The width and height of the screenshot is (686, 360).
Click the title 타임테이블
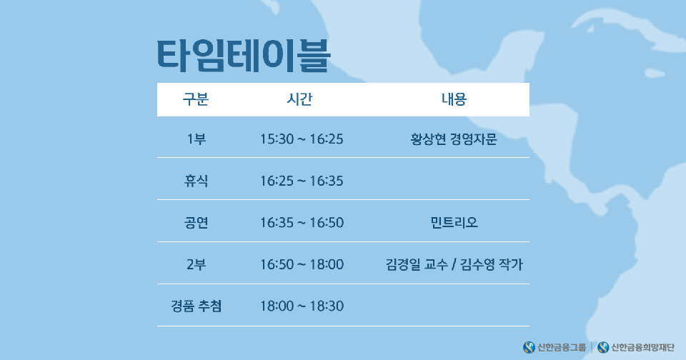click(x=244, y=56)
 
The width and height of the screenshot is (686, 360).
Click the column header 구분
click(x=196, y=99)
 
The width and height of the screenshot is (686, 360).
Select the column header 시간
click(x=299, y=99)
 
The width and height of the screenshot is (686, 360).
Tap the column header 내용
click(x=454, y=99)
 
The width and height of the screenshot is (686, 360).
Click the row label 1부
click(x=196, y=139)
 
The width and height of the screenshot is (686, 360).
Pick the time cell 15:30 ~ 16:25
click(x=302, y=139)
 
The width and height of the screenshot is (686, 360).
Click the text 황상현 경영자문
click(x=454, y=139)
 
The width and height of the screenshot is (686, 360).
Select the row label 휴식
click(x=196, y=181)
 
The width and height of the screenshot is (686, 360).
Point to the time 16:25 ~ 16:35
click(x=302, y=181)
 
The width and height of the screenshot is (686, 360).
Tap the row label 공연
click(x=196, y=223)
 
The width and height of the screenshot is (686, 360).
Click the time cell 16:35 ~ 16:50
click(x=302, y=223)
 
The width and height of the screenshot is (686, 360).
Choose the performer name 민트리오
click(x=454, y=223)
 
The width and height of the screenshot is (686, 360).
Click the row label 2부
click(x=196, y=264)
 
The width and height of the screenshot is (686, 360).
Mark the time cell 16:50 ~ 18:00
click(x=302, y=264)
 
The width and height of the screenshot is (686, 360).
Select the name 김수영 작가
click(x=492, y=264)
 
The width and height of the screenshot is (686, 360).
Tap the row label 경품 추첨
click(x=196, y=306)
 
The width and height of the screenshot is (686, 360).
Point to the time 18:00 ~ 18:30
click(x=302, y=306)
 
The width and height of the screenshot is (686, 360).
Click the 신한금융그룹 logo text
click(x=562, y=348)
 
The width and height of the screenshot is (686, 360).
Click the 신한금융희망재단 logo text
click(x=642, y=348)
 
